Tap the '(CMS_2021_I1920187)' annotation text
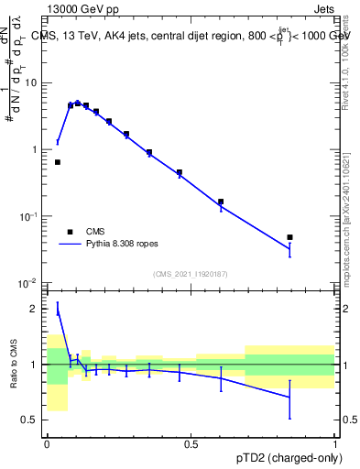[x=191, y=274]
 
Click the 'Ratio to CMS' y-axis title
[x=14, y=365]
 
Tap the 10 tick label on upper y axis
[x=30, y=83]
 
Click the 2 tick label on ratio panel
[x=35, y=310]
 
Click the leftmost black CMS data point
[x=58, y=162]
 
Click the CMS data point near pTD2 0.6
[x=221, y=202]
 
